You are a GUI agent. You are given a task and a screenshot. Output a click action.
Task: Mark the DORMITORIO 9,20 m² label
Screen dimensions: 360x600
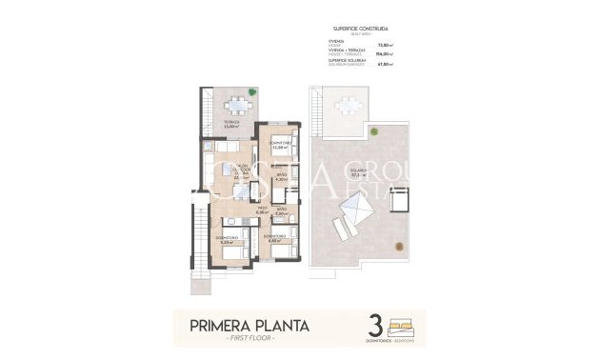(x=225, y=240)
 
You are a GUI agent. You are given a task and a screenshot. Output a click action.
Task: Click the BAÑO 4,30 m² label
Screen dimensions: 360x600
(x=281, y=177)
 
